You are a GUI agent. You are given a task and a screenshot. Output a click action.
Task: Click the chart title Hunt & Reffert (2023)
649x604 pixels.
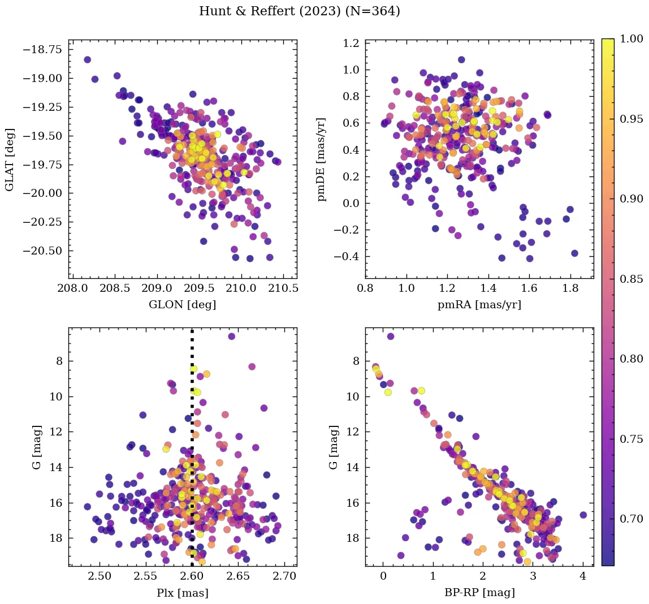click(300, 11)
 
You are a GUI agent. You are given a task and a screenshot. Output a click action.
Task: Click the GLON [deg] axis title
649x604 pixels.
click(182, 305)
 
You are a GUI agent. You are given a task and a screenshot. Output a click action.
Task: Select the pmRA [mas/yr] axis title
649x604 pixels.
click(479, 305)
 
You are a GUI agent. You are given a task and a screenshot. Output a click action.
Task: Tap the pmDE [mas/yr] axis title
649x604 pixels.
click(322, 159)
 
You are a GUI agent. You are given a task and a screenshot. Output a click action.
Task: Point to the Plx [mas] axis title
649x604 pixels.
click(182, 593)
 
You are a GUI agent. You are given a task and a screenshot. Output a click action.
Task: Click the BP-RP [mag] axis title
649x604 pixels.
click(479, 593)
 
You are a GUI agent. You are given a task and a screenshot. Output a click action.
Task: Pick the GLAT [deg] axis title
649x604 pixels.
click(10, 159)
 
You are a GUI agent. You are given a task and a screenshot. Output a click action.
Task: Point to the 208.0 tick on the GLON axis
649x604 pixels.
click(72, 289)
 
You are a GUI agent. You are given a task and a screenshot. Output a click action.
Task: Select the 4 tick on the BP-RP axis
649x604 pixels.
click(583, 577)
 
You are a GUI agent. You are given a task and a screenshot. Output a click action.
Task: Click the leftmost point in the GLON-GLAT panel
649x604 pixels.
click(87, 59)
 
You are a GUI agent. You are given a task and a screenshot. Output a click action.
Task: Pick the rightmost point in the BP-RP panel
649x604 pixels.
click(583, 515)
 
